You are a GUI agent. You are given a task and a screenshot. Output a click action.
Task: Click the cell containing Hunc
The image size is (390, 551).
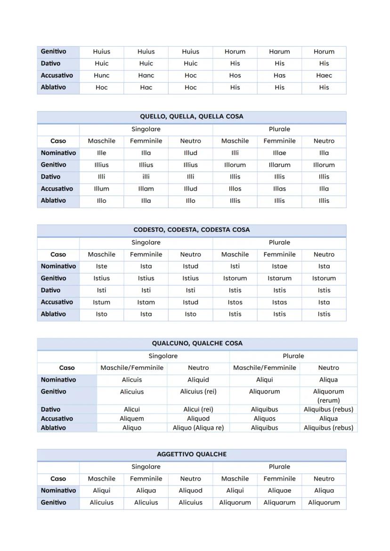101,75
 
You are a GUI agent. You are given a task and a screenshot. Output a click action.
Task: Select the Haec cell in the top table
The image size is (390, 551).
324,75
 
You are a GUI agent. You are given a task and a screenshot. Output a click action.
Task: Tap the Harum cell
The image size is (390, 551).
279,52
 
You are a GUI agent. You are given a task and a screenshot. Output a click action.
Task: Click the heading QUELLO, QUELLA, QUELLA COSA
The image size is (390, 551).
191,117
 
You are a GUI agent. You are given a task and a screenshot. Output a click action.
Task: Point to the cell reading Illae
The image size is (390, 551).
279,153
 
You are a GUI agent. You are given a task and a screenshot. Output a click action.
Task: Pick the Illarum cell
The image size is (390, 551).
279,165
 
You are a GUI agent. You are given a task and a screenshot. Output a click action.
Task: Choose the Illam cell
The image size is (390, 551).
146,189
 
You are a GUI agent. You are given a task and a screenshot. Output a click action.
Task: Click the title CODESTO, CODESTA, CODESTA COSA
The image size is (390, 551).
191,230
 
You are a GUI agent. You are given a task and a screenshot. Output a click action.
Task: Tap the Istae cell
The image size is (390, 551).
279,266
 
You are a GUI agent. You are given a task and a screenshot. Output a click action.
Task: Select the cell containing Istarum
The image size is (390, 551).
279,279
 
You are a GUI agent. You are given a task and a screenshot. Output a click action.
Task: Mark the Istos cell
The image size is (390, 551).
235,302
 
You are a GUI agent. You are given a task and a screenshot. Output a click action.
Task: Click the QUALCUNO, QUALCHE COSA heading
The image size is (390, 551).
197,343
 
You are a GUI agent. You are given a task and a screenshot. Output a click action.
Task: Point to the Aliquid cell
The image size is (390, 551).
198,380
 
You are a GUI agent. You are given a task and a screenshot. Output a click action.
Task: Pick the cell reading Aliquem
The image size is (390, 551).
132,418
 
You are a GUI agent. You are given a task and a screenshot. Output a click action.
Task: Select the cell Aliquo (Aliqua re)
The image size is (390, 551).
198,428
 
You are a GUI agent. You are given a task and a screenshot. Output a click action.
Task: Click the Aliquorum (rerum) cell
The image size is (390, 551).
328,396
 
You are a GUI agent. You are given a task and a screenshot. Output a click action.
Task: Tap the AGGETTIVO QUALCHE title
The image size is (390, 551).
191,455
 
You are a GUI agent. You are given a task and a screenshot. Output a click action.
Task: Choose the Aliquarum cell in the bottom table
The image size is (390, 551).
279,503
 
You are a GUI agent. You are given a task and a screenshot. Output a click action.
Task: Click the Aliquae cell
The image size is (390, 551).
279,490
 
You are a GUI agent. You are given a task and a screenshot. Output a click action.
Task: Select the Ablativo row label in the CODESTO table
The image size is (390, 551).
53,314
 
